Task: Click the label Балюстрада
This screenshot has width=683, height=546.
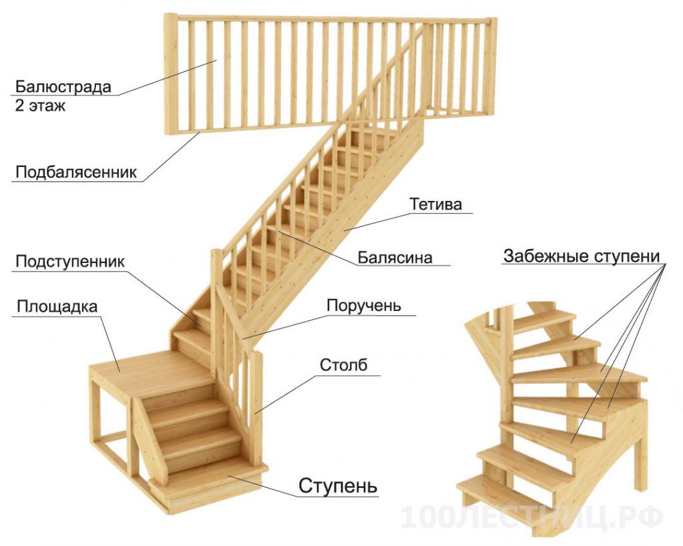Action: [x=63, y=87]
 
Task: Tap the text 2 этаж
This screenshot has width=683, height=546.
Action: [x=39, y=106]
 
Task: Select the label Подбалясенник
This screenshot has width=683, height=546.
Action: [x=76, y=172]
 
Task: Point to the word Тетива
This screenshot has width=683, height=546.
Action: [x=435, y=204]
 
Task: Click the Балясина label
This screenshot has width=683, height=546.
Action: [x=395, y=258]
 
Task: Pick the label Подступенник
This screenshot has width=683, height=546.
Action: [x=70, y=261]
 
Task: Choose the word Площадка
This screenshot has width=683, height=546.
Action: [x=57, y=306]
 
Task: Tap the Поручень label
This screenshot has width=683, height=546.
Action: [x=364, y=305]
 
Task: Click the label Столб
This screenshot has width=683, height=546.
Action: [x=343, y=365]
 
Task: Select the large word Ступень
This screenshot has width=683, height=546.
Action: [x=338, y=485]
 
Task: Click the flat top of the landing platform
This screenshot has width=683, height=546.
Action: [x=152, y=372]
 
